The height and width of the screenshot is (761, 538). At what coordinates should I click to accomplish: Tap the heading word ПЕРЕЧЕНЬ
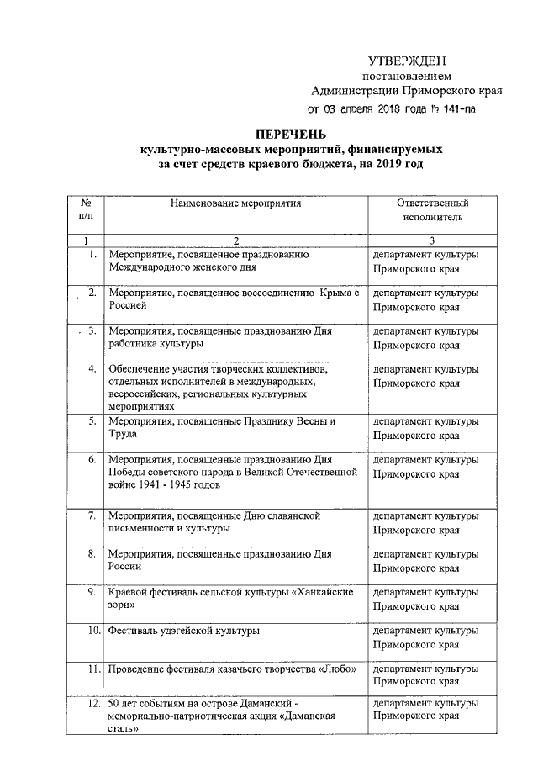(x=290, y=134)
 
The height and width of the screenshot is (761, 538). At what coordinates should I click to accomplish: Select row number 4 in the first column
(x=91, y=369)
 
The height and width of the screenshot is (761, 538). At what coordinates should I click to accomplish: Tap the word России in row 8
(x=126, y=567)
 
